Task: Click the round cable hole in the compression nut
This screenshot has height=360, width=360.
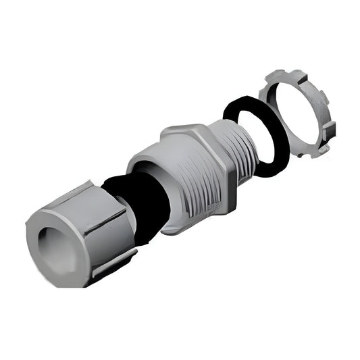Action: point(53,239)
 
